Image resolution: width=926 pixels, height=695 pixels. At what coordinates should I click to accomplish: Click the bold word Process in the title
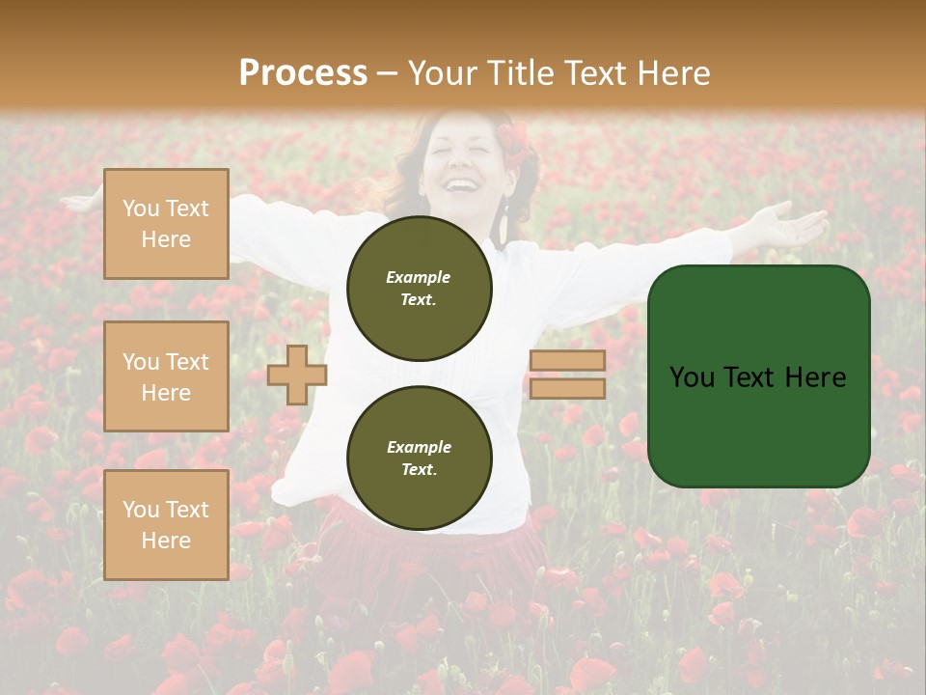point(303,72)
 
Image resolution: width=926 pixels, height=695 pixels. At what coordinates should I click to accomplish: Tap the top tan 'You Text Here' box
point(166,224)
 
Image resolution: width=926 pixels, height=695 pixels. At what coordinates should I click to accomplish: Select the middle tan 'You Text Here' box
point(166,376)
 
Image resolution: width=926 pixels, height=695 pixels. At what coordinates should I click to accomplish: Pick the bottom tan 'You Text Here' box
point(166,525)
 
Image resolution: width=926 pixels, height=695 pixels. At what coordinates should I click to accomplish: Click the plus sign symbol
point(297,375)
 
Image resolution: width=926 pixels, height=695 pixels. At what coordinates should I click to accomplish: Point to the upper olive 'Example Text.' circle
point(420,288)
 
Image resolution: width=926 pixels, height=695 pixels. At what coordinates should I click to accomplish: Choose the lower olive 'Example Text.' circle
point(420,458)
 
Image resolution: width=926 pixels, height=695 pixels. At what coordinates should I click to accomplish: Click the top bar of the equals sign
point(567,360)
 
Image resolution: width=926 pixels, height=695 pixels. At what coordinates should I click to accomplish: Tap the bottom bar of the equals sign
point(567,388)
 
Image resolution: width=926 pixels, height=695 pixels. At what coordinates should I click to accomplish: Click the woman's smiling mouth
point(464,183)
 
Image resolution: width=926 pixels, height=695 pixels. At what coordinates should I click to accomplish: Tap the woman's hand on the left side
point(82,203)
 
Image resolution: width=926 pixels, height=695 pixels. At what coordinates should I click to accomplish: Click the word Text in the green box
point(757,376)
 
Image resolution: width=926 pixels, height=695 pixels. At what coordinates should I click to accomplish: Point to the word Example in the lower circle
point(419,447)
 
